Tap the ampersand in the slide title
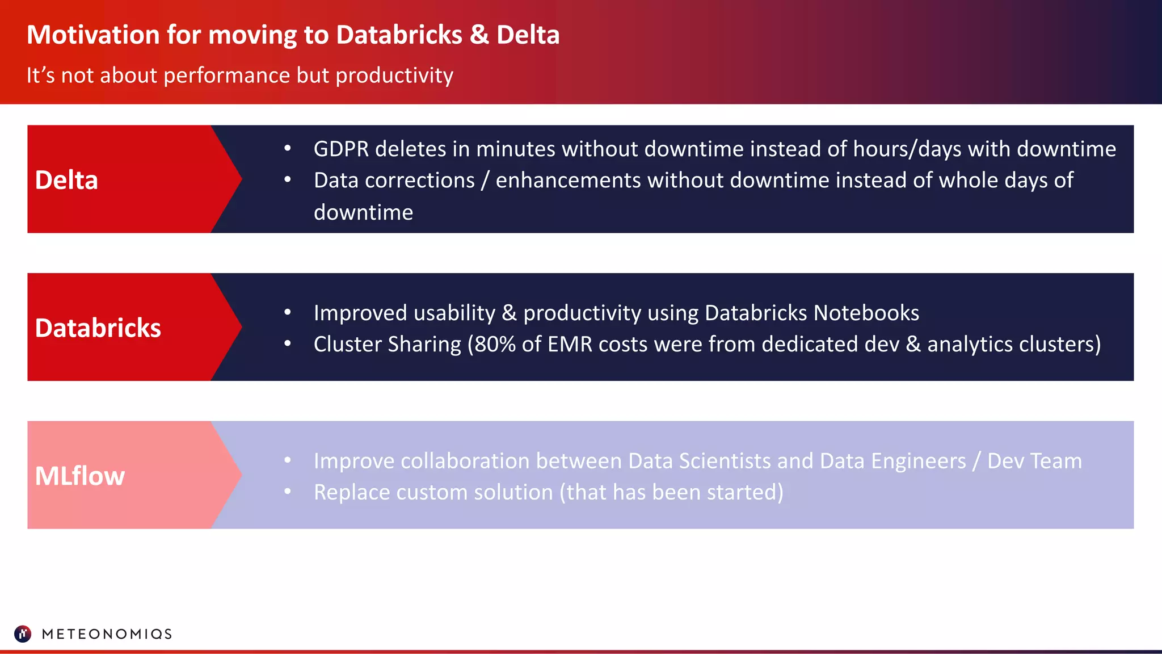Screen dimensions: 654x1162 pyautogui.click(x=479, y=35)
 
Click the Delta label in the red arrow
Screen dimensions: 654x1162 pyautogui.click(x=66, y=180)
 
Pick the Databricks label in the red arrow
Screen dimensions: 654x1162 pyautogui.click(x=98, y=328)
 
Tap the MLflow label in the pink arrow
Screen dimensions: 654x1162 pyautogui.click(x=80, y=476)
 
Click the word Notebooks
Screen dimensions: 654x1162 pyautogui.click(x=866, y=313)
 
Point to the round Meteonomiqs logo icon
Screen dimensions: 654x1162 pyautogui.click(x=23, y=634)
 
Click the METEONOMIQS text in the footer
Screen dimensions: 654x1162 pyautogui.click(x=107, y=634)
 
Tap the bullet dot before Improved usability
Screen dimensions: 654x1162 pyautogui.click(x=288, y=312)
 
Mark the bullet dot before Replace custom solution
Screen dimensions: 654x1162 pyautogui.click(x=288, y=492)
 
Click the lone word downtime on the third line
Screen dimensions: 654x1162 pyautogui.click(x=363, y=212)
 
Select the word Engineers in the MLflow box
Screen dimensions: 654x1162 pyautogui.click(x=918, y=461)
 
